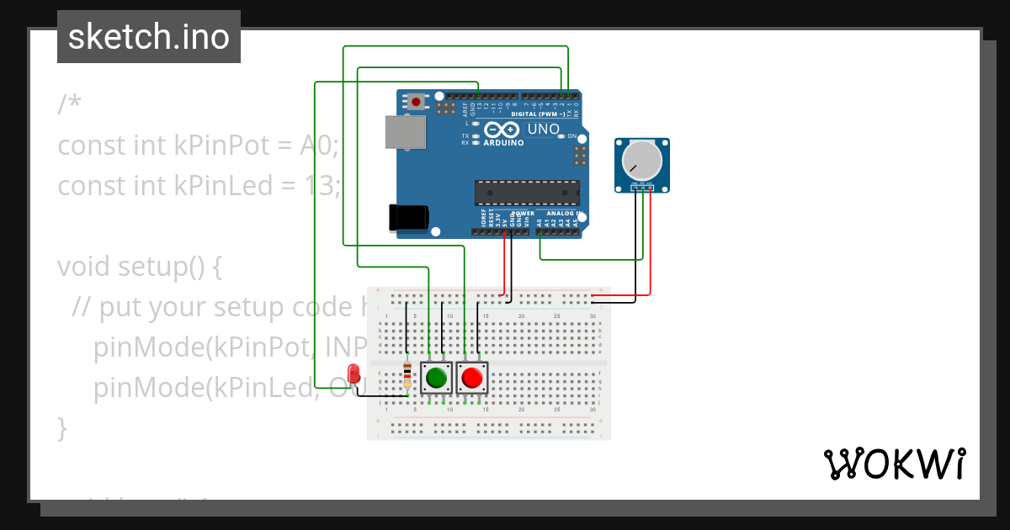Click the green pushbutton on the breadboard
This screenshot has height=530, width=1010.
click(436, 378)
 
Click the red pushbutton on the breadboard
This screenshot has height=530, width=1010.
click(472, 378)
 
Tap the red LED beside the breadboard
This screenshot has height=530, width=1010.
click(354, 372)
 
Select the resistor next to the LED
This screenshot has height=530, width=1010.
click(408, 375)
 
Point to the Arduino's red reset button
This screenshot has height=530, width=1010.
click(416, 102)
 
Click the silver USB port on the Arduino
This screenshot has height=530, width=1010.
click(405, 133)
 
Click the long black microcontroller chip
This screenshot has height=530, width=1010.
click(527, 193)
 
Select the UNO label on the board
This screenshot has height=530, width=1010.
click(543, 130)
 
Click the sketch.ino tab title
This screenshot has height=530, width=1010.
click(149, 37)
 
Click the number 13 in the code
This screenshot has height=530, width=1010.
click(320, 185)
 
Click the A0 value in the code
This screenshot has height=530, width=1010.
click(318, 146)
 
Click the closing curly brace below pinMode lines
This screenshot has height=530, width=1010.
click(61, 427)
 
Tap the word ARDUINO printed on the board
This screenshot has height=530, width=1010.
click(503, 143)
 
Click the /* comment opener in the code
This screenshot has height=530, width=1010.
click(69, 105)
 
